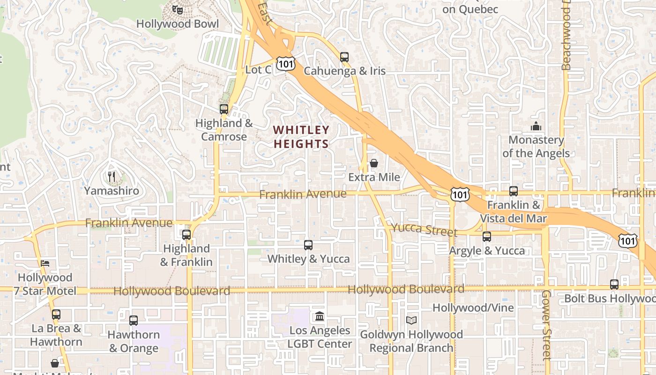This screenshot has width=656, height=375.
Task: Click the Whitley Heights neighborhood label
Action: click(x=301, y=136)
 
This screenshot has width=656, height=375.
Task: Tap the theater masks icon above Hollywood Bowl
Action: click(x=177, y=9)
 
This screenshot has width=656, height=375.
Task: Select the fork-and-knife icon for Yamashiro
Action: click(x=112, y=177)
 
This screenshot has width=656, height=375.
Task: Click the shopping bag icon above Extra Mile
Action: click(x=374, y=163)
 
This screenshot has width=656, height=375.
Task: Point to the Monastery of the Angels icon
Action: click(x=536, y=126)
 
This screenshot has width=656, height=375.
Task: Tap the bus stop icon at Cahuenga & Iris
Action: click(x=344, y=57)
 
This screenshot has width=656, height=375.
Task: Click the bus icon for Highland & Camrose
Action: click(x=224, y=109)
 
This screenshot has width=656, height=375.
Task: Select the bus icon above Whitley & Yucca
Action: click(x=308, y=245)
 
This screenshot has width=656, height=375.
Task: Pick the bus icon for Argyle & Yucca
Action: click(x=487, y=237)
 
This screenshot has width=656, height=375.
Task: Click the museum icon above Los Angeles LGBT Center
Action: click(x=320, y=316)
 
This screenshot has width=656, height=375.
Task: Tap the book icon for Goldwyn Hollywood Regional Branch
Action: click(x=411, y=320)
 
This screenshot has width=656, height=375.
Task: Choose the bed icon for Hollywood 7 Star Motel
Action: click(x=45, y=263)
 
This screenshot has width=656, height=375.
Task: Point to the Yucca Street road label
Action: click(x=424, y=230)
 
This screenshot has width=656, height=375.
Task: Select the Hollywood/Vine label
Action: click(x=473, y=308)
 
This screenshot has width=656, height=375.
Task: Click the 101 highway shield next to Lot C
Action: click(x=285, y=64)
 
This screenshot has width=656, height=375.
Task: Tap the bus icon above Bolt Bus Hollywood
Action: click(x=614, y=284)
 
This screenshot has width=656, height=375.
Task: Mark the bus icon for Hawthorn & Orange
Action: click(x=134, y=321)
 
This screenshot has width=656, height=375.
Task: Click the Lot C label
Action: click(x=258, y=70)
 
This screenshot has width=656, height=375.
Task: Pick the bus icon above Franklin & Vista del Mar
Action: click(x=514, y=191)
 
